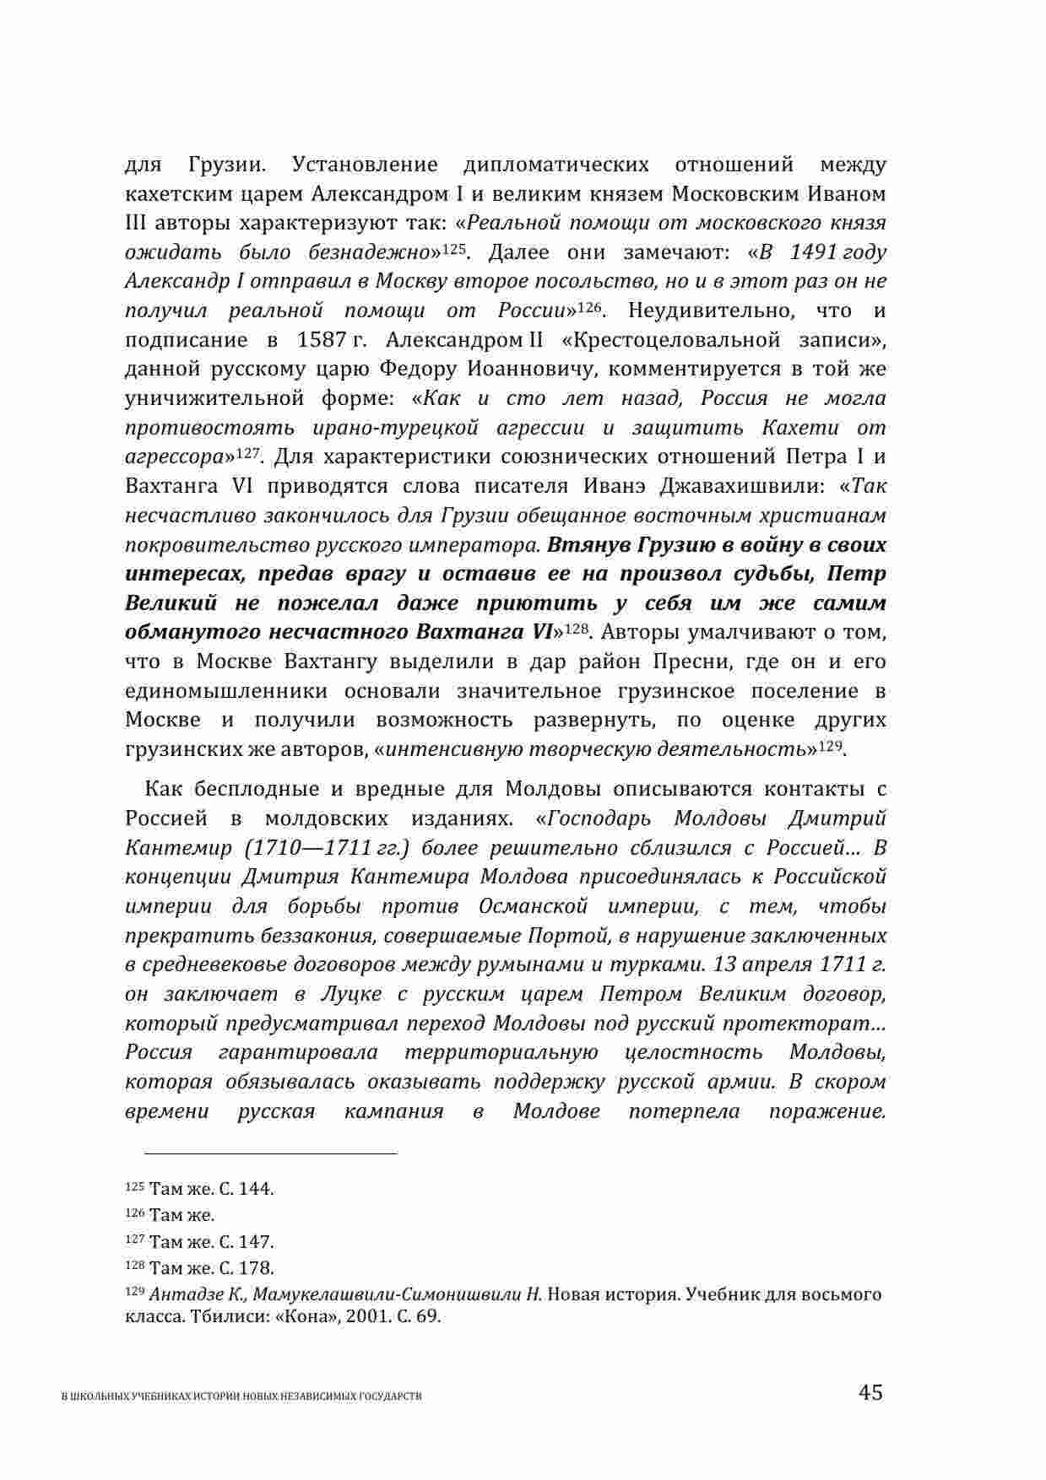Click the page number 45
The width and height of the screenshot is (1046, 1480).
click(870, 1392)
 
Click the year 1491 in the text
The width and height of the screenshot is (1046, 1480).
click(813, 251)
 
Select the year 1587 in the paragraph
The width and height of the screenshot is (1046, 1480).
click(320, 340)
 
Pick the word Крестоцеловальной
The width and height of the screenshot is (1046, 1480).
click(677, 340)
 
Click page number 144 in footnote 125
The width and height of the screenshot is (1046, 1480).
click(255, 1189)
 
